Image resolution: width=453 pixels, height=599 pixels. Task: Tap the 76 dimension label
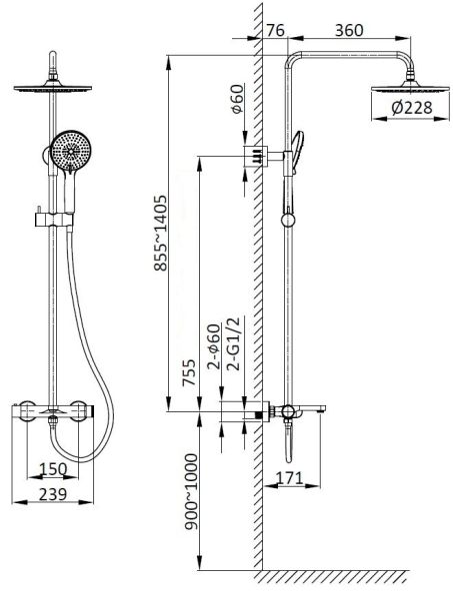(276, 30)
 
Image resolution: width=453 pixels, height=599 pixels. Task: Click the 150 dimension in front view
(53, 468)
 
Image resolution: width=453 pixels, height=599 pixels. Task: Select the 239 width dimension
(53, 493)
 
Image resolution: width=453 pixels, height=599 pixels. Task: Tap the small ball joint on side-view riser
(288, 221)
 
